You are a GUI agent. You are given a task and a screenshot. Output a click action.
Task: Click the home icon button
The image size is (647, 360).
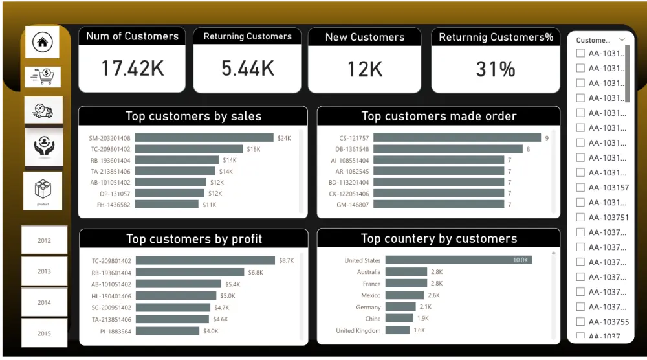(x=42, y=42)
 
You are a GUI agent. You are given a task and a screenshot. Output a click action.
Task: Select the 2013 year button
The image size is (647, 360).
(x=44, y=271)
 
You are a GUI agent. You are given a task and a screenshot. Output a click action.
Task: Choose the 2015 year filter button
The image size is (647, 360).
(x=44, y=333)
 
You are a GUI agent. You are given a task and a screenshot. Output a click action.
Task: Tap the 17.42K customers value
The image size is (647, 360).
(x=132, y=69)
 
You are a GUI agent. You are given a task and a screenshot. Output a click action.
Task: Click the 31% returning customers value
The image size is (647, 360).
(x=495, y=69)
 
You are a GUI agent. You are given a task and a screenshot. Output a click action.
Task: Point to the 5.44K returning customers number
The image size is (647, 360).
(x=247, y=69)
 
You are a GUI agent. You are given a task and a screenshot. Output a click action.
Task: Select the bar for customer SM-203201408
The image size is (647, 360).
(x=204, y=138)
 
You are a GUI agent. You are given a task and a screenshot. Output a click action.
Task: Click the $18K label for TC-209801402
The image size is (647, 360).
(x=254, y=149)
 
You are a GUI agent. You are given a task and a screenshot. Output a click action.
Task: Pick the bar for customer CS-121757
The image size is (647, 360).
(x=457, y=138)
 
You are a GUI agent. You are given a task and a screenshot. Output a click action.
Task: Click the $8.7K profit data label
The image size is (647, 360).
(x=286, y=260)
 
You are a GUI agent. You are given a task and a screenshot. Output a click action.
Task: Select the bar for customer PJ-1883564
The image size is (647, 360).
(x=168, y=331)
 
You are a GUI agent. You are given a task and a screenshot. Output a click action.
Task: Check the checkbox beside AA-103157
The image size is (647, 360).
(x=580, y=188)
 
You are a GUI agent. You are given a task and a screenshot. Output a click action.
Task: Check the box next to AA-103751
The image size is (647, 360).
(x=580, y=218)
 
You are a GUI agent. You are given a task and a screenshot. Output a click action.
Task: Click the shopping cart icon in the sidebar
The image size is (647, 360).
(x=43, y=77)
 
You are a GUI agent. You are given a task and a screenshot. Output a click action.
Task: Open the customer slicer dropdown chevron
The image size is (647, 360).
(x=622, y=39)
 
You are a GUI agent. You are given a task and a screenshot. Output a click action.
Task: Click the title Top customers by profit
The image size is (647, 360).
(x=193, y=239)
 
